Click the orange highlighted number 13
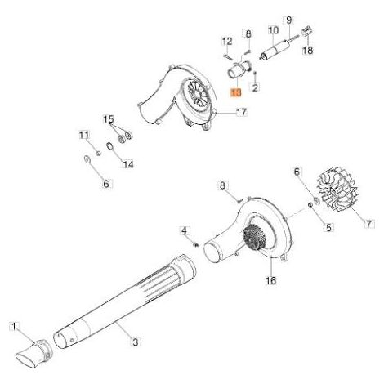tap(236, 92)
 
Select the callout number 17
tap(241, 112)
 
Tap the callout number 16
tap(270, 280)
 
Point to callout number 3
tap(136, 342)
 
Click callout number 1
tap(14, 326)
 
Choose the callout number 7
tap(368, 224)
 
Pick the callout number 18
tap(308, 50)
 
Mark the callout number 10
tap(274, 30)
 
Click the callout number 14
tap(128, 164)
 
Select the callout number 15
tap(108, 119)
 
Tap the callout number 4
tap(185, 231)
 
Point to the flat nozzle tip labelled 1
tap(33, 353)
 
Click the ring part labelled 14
tap(109, 146)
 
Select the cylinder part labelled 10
tap(275, 50)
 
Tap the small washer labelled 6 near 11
tap(87, 159)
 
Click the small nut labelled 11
tap(99, 154)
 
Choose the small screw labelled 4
tap(196, 245)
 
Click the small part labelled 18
tap(306, 30)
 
